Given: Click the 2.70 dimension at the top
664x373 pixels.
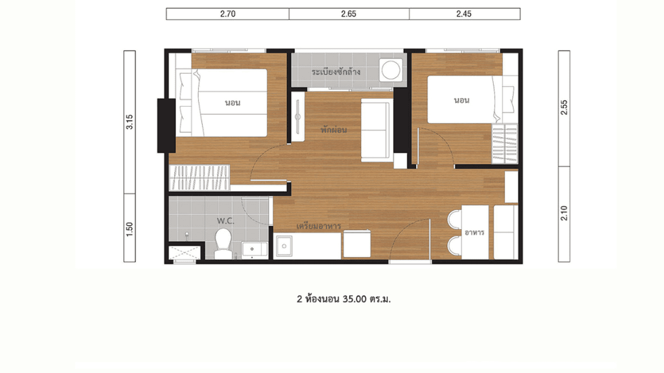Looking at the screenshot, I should click(228, 14).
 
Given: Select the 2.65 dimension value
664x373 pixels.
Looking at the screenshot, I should click(348, 14).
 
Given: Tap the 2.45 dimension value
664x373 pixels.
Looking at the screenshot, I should click(464, 14).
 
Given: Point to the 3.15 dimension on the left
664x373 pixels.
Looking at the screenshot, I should click(130, 122).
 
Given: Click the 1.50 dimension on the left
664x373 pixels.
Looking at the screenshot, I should click(130, 229).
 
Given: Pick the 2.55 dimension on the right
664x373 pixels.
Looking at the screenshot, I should click(564, 108).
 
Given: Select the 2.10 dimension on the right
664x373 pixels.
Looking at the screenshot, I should click(564, 214).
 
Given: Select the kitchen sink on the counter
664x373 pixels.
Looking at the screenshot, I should click(284, 246).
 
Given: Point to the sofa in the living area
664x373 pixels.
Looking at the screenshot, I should click(377, 130).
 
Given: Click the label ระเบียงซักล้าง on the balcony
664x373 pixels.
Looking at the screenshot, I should click(336, 72).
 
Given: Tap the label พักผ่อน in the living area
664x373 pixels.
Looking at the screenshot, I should click(333, 130).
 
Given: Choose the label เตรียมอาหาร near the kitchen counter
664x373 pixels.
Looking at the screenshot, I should click(318, 226).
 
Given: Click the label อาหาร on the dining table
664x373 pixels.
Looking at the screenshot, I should click(474, 233).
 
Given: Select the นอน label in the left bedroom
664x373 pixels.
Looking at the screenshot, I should click(233, 103).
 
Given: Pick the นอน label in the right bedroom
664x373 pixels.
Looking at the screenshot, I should click(461, 100).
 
